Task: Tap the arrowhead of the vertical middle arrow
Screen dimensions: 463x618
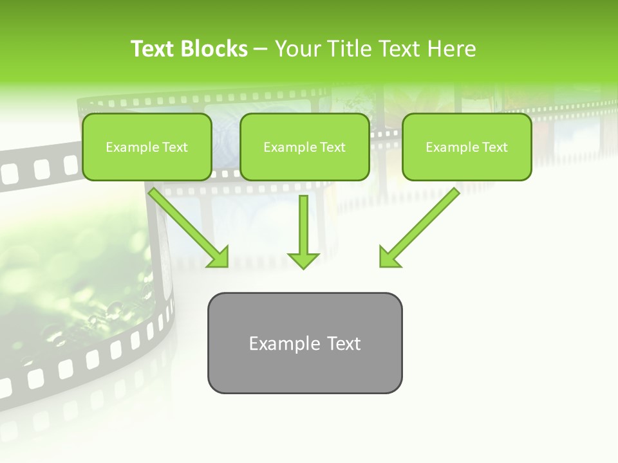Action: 303,260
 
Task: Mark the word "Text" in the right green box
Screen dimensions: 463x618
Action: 495,147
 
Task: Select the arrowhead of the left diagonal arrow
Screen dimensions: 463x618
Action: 219,258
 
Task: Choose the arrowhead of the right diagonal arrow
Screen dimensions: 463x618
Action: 388,257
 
